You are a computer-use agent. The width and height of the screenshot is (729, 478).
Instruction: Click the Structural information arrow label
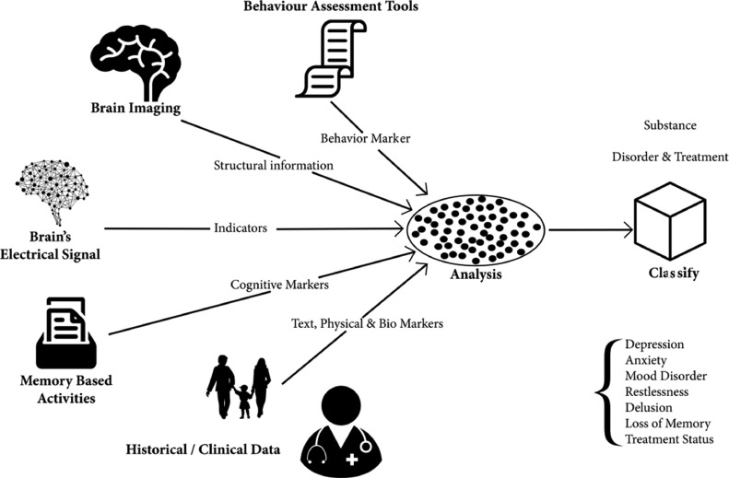click(273, 166)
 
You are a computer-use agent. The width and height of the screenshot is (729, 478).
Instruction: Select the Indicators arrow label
click(242, 227)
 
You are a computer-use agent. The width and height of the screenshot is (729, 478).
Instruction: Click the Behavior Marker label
click(365, 137)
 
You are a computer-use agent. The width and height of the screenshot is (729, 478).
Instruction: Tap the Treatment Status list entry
click(669, 439)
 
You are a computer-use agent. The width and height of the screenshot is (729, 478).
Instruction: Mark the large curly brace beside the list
click(604, 391)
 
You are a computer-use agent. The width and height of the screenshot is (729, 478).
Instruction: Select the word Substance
click(669, 124)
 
